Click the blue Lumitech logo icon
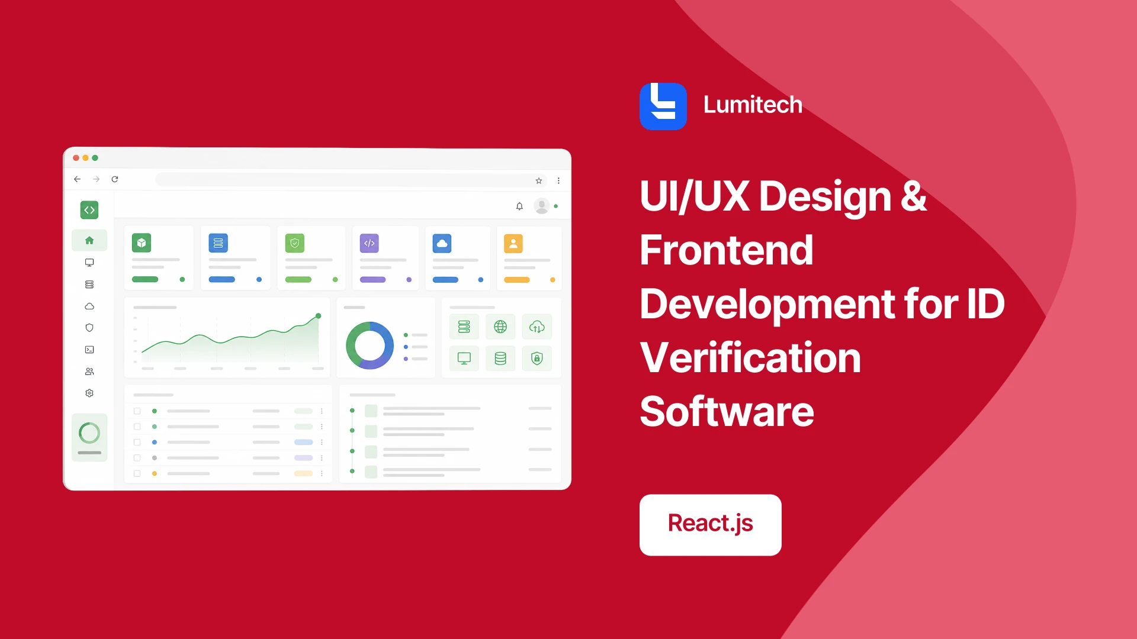pos(663,106)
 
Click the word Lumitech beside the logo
pos(753,105)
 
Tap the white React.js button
pos(711,525)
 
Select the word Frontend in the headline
pos(727,250)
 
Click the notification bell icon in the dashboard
pos(519,206)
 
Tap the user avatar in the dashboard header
pos(541,206)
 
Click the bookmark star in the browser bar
pos(539,180)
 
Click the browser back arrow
pos(77,179)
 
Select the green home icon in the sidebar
pos(89,240)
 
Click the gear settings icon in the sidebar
pos(89,393)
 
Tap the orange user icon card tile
pos(513,243)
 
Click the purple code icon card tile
pos(370,243)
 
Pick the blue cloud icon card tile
pos(442,243)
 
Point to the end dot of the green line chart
pos(318,316)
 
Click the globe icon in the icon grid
pos(500,327)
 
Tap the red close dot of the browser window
pos(76,158)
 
